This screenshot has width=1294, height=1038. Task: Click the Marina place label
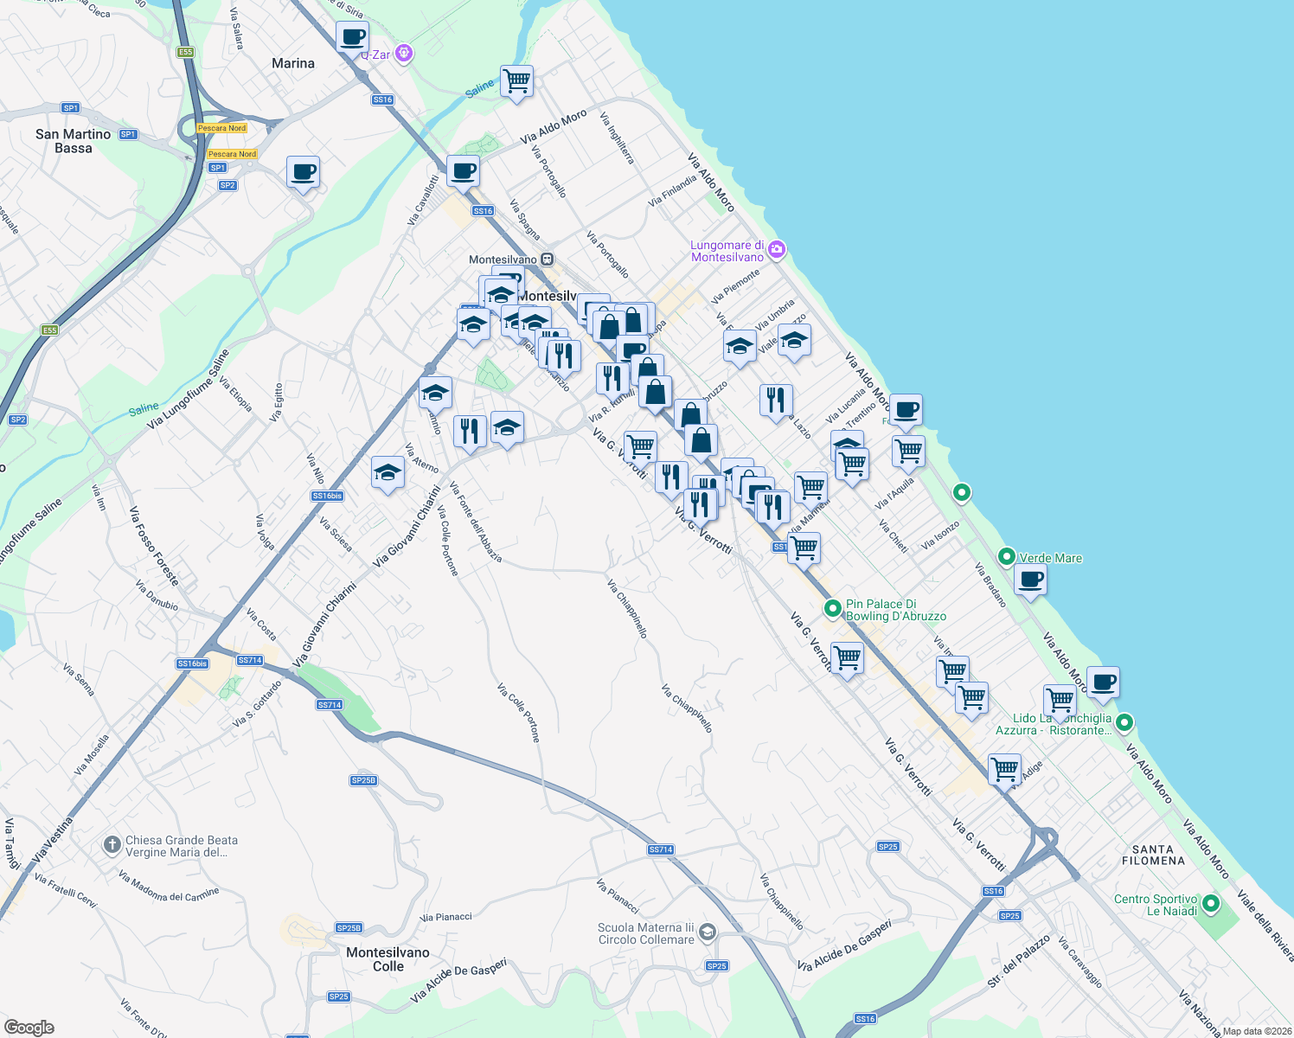pos(293,63)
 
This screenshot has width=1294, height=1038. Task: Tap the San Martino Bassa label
pos(74,141)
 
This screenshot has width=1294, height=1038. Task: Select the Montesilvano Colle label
pos(388,959)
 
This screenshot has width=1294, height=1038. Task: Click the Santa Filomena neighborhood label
pos(1153,855)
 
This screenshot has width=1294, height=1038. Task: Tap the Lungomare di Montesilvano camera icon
pos(777,250)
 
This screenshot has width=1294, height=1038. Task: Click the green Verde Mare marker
pos(1006,557)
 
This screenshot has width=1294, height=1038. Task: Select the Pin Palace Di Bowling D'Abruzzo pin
pos(833,609)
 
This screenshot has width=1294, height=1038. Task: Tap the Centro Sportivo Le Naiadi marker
pos(1211,905)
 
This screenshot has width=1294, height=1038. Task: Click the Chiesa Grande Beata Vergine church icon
pos(112,845)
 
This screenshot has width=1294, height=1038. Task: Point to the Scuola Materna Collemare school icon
pos(708,932)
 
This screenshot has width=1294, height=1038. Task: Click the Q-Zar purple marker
pos(403,54)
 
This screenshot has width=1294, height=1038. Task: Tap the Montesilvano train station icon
pos(547,259)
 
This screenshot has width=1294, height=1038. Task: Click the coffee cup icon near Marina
pos(352,38)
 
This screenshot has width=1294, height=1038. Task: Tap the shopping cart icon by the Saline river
pos(516,82)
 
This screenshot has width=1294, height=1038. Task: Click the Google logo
pos(29,1027)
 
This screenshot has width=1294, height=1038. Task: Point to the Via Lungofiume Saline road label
pos(189,388)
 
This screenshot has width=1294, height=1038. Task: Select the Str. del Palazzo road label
pos(1019,961)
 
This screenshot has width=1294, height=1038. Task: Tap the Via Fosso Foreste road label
pos(155,546)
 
